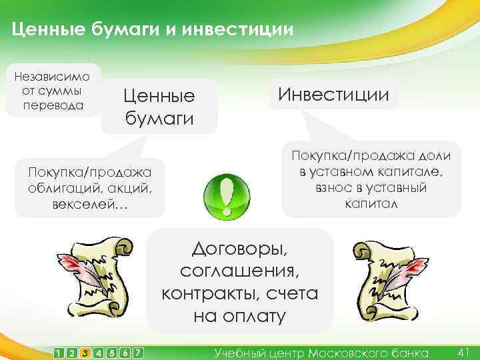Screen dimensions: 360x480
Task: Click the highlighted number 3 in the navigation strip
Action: coord(85,352)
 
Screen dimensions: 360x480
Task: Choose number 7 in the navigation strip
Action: coord(138,352)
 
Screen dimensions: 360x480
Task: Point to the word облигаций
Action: coord(60,187)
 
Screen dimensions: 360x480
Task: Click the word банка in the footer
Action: coord(409,352)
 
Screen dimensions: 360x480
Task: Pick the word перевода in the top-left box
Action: coord(52,105)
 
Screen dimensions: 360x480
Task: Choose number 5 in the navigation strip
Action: coord(111,352)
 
